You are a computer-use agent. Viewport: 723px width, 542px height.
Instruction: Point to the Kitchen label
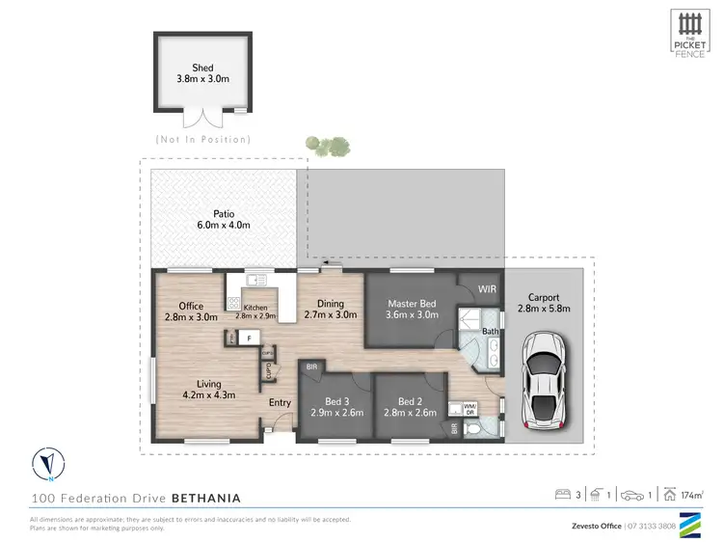[x=255, y=311]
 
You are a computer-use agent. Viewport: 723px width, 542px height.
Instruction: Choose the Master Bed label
[x=412, y=309]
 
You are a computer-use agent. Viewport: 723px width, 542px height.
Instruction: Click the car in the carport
[x=544, y=384]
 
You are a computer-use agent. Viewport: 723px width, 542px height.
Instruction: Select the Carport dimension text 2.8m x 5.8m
[x=544, y=310]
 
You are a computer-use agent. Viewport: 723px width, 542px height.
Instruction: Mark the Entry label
[x=280, y=402]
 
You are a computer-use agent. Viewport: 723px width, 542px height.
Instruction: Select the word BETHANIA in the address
[x=206, y=499]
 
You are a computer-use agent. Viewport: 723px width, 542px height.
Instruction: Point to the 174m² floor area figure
[x=691, y=495]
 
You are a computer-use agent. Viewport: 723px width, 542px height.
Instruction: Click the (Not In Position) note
[x=202, y=140]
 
